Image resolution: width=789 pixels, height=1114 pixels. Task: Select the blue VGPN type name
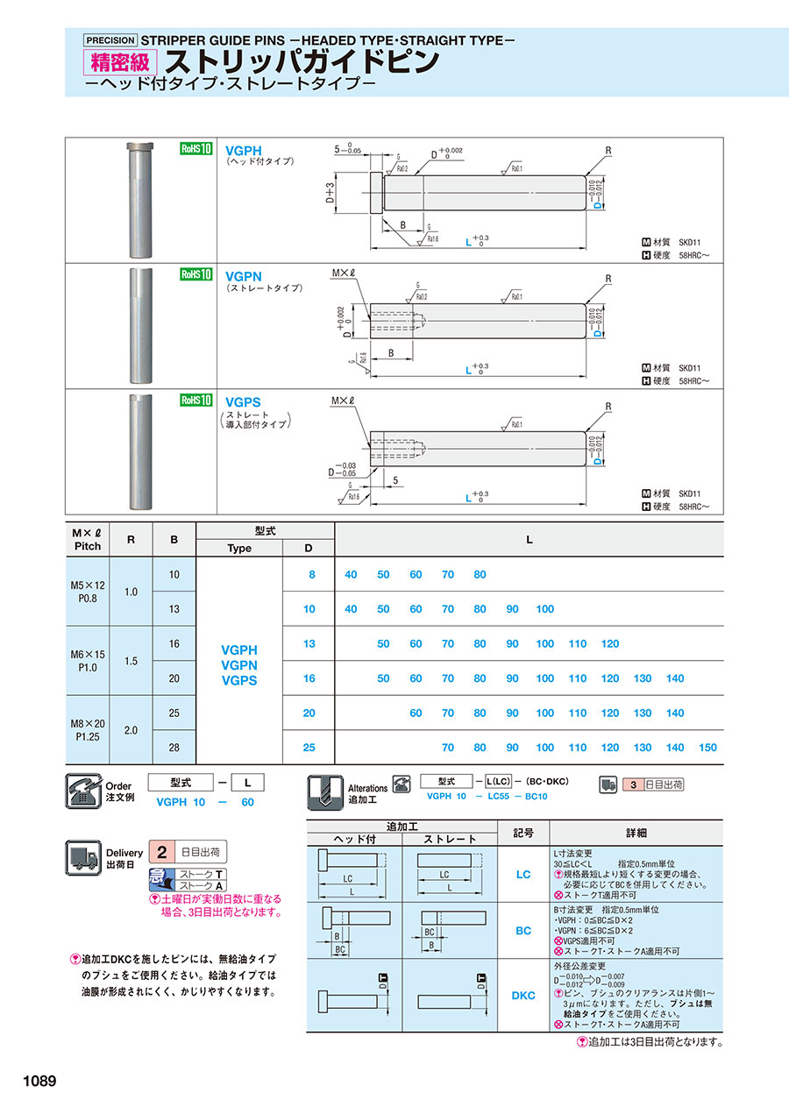pyautogui.click(x=244, y=275)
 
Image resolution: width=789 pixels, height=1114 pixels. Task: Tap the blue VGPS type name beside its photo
pyautogui.click(x=244, y=401)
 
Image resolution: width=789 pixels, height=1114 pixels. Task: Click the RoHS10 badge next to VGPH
pyautogui.click(x=196, y=150)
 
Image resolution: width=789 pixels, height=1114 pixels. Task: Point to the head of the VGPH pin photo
pyautogui.click(x=140, y=145)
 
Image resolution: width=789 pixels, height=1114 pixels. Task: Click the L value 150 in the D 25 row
pyautogui.click(x=707, y=748)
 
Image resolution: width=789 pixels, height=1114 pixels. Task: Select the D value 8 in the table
pyautogui.click(x=309, y=574)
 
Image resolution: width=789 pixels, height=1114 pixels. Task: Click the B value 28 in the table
pyautogui.click(x=174, y=748)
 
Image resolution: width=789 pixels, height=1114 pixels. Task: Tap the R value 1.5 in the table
pyautogui.click(x=131, y=661)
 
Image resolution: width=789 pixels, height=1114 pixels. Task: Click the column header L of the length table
pyautogui.click(x=529, y=540)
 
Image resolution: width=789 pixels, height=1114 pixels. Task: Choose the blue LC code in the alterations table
pyautogui.click(x=522, y=874)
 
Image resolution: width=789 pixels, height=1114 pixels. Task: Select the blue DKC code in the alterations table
pyautogui.click(x=522, y=995)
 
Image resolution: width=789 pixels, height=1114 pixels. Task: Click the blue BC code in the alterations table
pyautogui.click(x=522, y=931)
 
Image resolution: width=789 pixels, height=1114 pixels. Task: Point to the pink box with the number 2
pyautogui.click(x=161, y=851)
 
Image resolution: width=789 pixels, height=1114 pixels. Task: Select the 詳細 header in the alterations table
pyautogui.click(x=636, y=833)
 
